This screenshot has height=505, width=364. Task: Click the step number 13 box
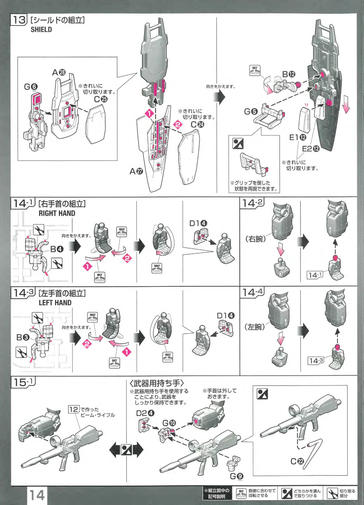point(19,20)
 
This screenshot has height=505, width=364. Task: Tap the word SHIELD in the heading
point(41,30)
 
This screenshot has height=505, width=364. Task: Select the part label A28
point(59,72)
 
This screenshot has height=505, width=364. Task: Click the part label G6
point(31,87)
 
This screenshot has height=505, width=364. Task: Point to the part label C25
point(101,99)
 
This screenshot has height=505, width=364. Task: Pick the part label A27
point(136,171)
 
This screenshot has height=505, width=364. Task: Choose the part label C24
point(197,124)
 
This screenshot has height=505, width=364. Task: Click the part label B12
point(289,74)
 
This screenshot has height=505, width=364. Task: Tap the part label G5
point(251,111)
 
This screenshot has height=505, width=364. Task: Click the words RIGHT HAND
point(57,213)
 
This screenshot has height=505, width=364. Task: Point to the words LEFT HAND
point(55,303)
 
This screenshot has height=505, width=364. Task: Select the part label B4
point(57,249)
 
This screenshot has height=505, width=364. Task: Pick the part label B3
point(23,337)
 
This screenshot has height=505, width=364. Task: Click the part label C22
point(297,461)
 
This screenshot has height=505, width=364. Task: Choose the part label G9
point(237,476)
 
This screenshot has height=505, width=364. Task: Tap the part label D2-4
point(145,413)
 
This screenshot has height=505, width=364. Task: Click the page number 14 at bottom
point(37,495)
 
